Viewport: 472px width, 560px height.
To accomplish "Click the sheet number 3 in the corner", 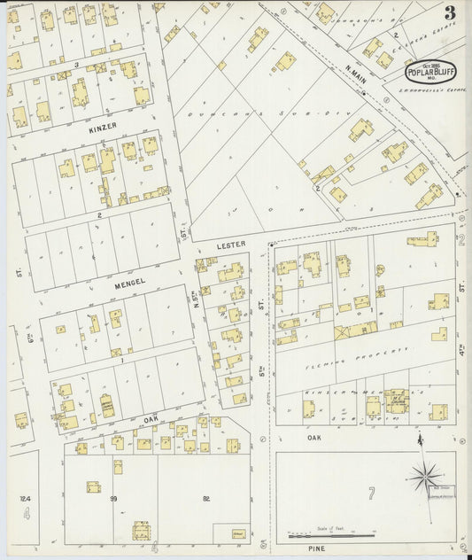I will (x=451, y=12).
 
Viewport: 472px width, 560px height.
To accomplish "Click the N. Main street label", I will (x=356, y=74).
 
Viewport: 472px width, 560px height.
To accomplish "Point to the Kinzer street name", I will (x=103, y=128).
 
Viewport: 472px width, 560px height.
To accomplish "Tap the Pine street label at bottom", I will (x=317, y=549).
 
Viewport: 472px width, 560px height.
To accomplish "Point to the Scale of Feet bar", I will (x=331, y=535).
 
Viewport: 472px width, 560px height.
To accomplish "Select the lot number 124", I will (x=26, y=499).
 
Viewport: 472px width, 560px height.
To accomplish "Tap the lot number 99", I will (x=113, y=499).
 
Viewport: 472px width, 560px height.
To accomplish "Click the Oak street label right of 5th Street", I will (x=314, y=438).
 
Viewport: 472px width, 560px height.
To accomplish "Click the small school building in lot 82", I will (x=238, y=533).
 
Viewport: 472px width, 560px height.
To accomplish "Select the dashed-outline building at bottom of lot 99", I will (x=141, y=531).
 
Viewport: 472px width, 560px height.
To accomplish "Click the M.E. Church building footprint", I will (x=396, y=401).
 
